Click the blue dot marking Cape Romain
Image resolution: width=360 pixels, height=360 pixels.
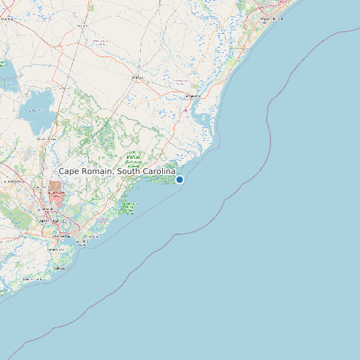(179, 179)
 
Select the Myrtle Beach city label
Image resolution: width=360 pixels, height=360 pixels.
(272, 19)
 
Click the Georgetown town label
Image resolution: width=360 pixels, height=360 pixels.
(193, 96)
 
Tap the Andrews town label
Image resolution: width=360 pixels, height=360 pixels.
(138, 78)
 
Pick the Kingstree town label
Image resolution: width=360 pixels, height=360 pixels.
(82, 25)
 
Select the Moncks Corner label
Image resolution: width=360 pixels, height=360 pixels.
(46, 139)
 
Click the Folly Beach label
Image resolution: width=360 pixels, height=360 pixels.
(60, 268)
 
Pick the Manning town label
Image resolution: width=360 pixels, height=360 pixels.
(8, 19)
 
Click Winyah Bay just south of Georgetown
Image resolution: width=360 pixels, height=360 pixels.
(200, 120)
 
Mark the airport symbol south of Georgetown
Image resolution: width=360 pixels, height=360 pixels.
(185, 110)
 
